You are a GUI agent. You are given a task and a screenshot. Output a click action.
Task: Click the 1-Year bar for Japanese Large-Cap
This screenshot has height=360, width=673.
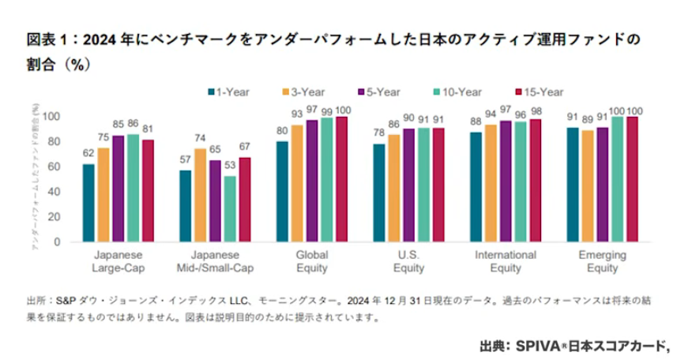pyautogui.click(x=88, y=203)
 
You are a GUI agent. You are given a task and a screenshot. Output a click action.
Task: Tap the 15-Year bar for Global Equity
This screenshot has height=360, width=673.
pyautogui.click(x=341, y=179)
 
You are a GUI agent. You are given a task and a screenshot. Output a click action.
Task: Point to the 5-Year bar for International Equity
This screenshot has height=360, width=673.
pyautogui.click(x=505, y=181)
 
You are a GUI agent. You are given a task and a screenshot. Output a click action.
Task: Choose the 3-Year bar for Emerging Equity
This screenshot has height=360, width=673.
pyautogui.click(x=588, y=186)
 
